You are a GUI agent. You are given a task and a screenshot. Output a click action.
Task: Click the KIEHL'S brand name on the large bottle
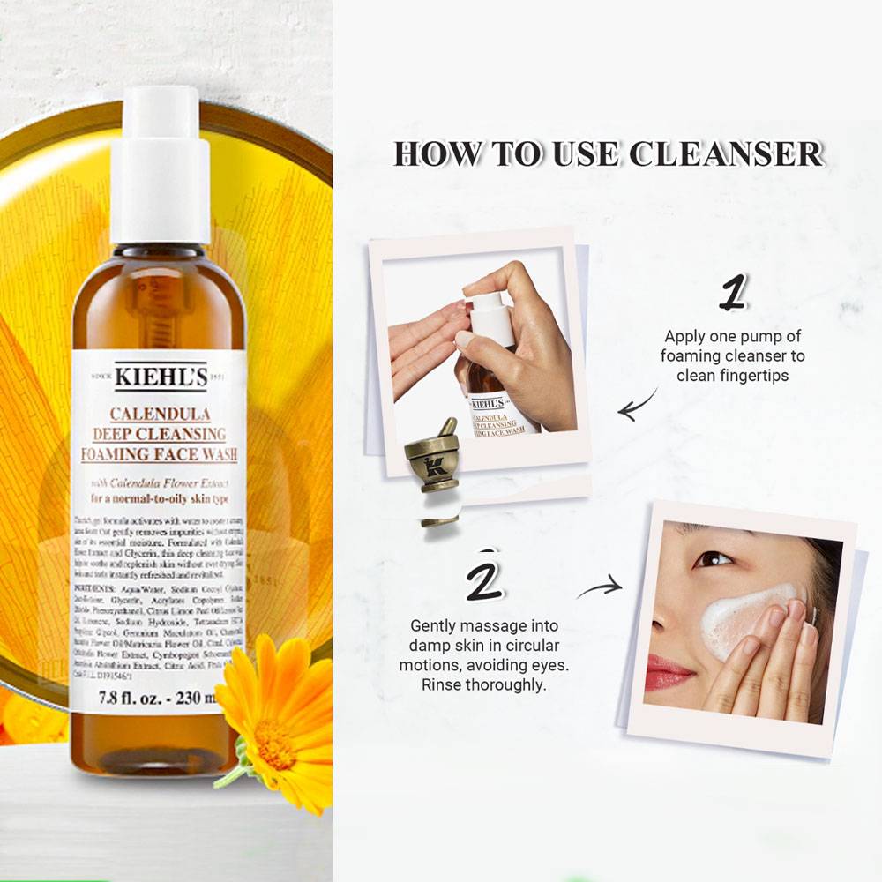point(160,377)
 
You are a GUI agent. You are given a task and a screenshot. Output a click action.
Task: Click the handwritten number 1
point(731,293)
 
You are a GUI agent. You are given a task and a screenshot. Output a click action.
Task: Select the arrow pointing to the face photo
point(600,587)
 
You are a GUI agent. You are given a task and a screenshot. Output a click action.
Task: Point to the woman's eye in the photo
point(712,558)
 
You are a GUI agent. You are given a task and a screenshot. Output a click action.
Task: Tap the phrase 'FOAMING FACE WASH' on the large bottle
point(160,455)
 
